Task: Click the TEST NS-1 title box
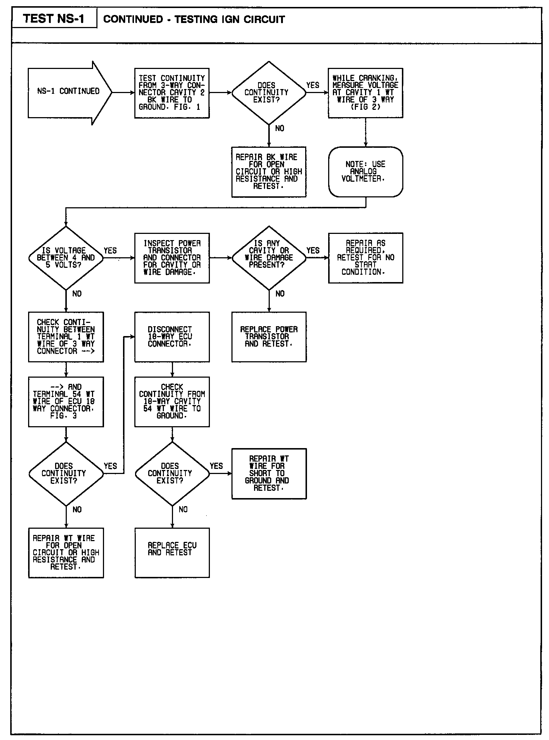54,19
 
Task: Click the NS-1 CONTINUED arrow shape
69,92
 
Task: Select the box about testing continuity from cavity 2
172,93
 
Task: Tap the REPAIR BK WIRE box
269,171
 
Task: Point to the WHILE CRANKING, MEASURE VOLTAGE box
365,93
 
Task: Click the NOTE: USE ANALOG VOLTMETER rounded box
365,171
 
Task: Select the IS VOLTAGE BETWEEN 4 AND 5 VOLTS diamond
66,258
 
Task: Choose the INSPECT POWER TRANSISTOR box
172,258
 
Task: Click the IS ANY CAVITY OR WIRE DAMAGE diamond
269,258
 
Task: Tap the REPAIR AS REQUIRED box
365,258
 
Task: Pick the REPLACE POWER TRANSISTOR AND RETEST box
269,336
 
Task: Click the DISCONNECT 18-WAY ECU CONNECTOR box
172,336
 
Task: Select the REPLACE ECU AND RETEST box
172,552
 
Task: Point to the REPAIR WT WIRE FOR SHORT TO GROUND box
269,473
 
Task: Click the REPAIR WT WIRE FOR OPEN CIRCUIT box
66,552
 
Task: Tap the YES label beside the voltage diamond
110,251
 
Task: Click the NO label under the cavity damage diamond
280,294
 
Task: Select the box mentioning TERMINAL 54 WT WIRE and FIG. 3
66,401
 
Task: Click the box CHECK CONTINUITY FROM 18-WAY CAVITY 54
172,401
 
